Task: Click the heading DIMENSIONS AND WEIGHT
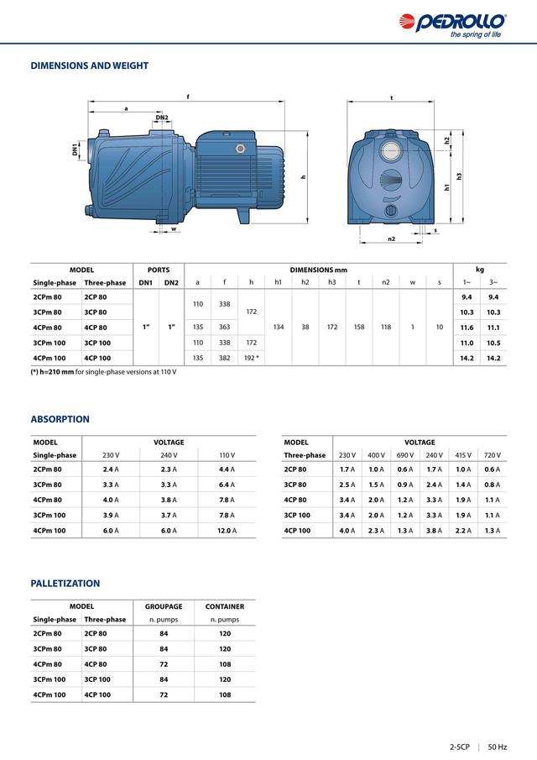click(90, 66)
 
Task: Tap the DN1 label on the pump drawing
click(75, 149)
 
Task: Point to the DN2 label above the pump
click(162, 118)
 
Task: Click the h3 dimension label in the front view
click(460, 176)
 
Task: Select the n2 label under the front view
click(392, 239)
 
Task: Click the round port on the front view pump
click(391, 154)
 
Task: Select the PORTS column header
click(159, 269)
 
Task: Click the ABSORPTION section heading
click(60, 419)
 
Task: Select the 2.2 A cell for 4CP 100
click(462, 531)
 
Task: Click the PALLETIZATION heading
click(65, 583)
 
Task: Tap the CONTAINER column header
click(225, 605)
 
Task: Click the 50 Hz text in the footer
click(498, 746)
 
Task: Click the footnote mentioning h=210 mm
click(103, 372)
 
